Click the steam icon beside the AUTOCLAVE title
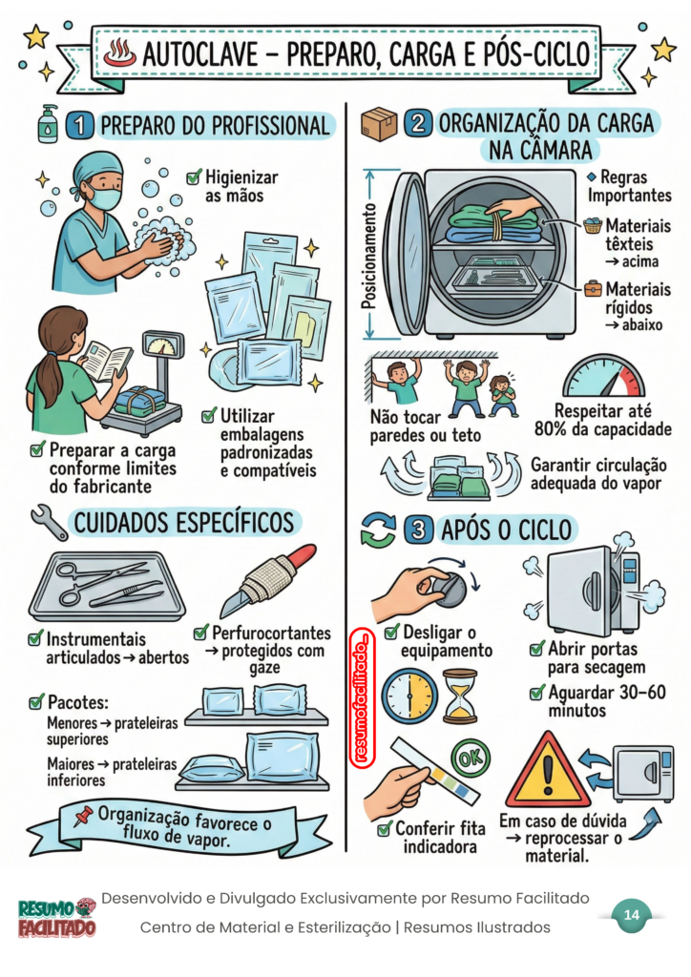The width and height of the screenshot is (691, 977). [x=119, y=52]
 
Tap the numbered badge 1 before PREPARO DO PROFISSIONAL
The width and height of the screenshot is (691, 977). [x=79, y=125]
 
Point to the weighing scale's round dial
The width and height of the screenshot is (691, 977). [x=163, y=345]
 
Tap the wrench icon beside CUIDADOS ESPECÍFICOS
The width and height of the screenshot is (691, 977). [x=50, y=522]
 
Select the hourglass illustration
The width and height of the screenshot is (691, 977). [x=460, y=696]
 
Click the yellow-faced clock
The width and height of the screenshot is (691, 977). [x=409, y=696]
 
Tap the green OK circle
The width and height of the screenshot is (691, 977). [x=470, y=758]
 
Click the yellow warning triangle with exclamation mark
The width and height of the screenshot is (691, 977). [x=547, y=770]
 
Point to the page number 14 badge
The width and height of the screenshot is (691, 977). [x=631, y=915]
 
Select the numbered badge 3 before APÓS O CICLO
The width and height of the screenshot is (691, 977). [x=419, y=530]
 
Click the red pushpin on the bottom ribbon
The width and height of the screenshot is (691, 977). [x=83, y=816]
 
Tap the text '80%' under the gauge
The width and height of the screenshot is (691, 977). [x=551, y=429]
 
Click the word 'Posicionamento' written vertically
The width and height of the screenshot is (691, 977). [x=368, y=256]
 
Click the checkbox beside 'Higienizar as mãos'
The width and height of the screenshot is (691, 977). [x=195, y=177]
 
